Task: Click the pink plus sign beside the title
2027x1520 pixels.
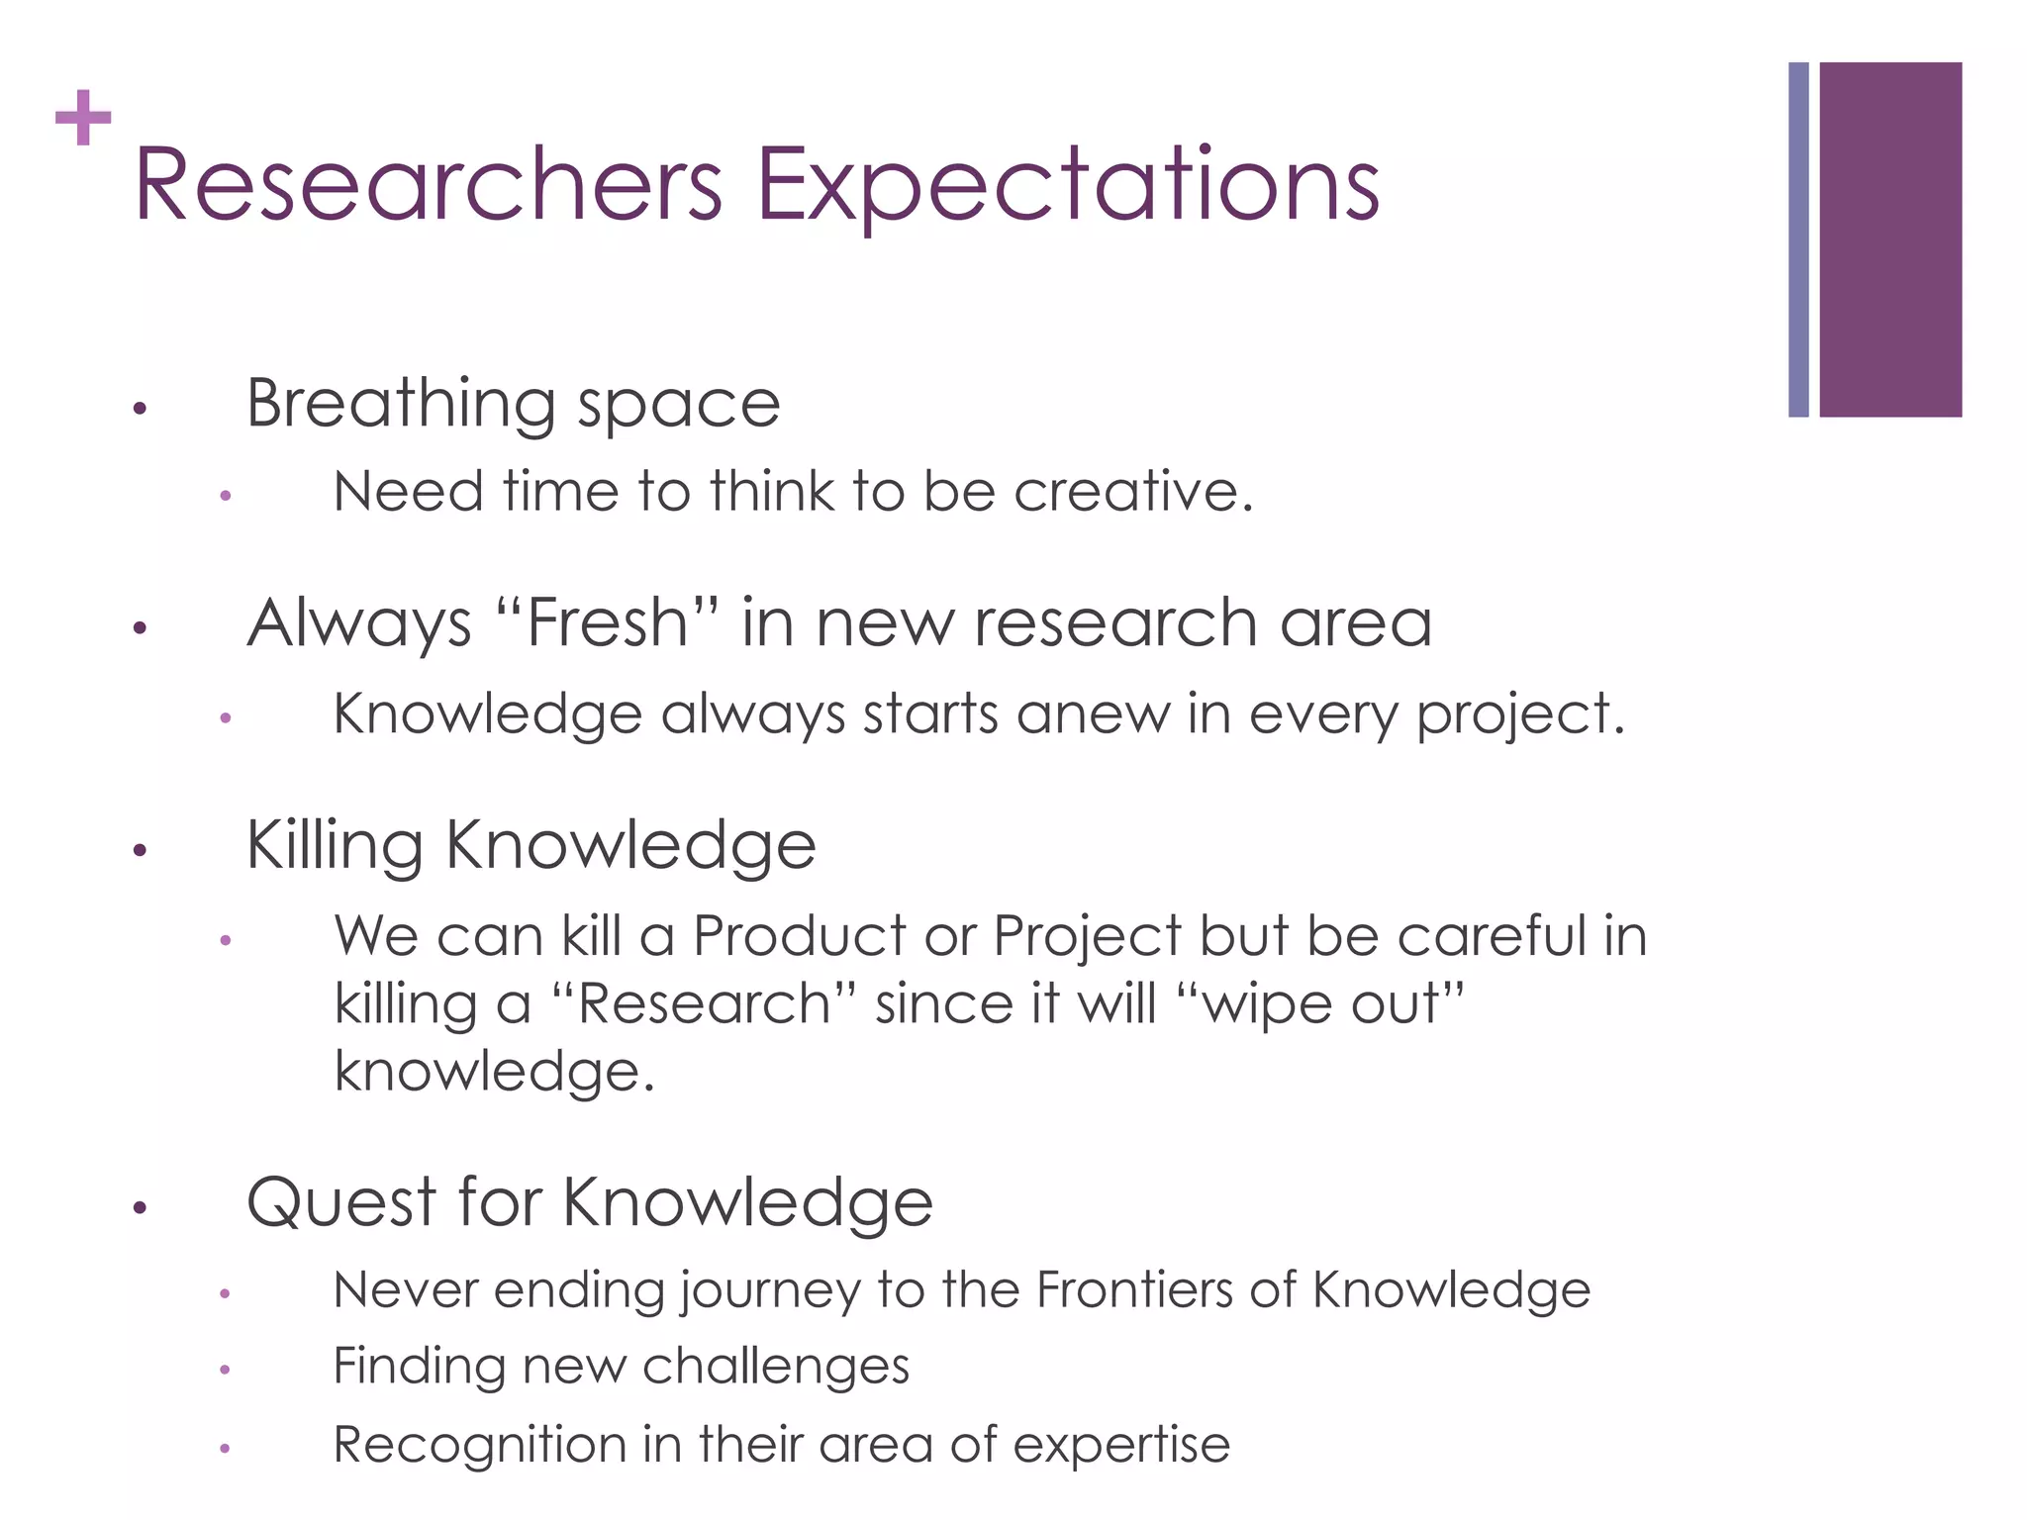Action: click(83, 118)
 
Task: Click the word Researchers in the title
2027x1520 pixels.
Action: click(429, 185)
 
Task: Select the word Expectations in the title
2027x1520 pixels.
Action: click(1068, 185)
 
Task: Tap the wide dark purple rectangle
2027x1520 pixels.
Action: click(1889, 239)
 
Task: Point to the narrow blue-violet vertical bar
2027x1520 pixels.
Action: click(1798, 239)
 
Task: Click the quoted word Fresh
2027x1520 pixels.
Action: click(608, 623)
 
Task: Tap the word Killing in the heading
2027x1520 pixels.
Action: click(335, 846)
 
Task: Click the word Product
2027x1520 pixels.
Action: click(800, 935)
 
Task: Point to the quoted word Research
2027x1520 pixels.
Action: click(703, 1003)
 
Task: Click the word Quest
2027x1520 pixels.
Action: click(341, 1203)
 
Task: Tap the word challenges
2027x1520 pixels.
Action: click(776, 1367)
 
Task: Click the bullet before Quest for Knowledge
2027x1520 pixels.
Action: click(140, 1207)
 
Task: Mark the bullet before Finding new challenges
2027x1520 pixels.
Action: click(225, 1371)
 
